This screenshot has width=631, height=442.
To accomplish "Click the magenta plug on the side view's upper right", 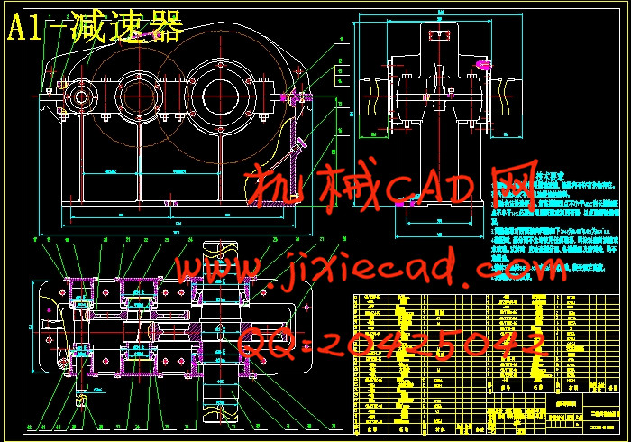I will point(484,64).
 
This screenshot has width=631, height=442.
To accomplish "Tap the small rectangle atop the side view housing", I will point(439,33).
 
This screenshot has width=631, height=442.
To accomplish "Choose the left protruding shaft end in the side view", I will point(371,89).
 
